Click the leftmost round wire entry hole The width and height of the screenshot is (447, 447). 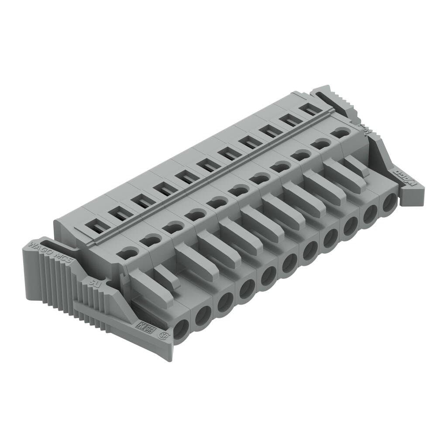tap(181, 329)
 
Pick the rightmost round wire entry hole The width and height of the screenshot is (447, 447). tap(389, 203)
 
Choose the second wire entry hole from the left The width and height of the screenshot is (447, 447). tap(203, 316)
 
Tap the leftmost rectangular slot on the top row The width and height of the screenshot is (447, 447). tap(97, 227)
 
